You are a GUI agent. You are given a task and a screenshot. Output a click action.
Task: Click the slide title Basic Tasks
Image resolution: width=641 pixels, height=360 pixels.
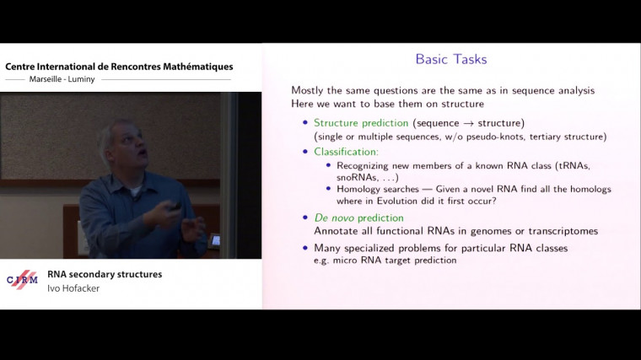tap(451, 60)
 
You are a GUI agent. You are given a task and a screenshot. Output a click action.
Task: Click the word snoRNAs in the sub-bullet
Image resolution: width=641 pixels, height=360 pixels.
tap(351, 176)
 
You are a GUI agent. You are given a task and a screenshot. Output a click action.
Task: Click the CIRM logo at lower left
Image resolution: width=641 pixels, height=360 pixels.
tap(23, 280)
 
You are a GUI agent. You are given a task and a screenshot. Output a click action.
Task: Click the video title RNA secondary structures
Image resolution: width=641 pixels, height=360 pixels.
tap(105, 274)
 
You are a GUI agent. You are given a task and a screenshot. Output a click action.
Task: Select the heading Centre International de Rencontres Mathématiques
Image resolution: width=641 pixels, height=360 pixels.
tap(119, 67)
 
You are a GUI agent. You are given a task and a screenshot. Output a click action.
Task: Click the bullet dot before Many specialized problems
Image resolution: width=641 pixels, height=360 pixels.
tap(305, 249)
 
